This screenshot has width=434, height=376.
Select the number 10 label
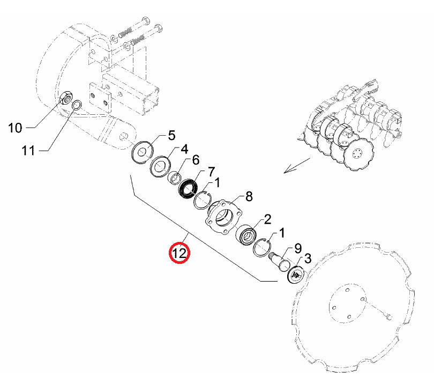(x=15, y=128)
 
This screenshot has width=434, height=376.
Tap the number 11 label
(x=28, y=151)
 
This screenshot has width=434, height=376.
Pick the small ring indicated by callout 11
(x=77, y=105)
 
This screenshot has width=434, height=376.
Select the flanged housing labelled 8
(x=223, y=216)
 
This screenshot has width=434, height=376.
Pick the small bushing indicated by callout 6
(x=175, y=178)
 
